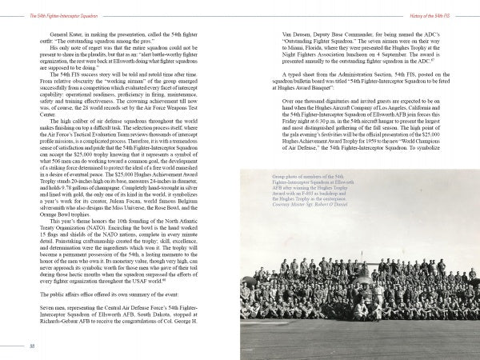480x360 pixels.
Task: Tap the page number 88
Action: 31,346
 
